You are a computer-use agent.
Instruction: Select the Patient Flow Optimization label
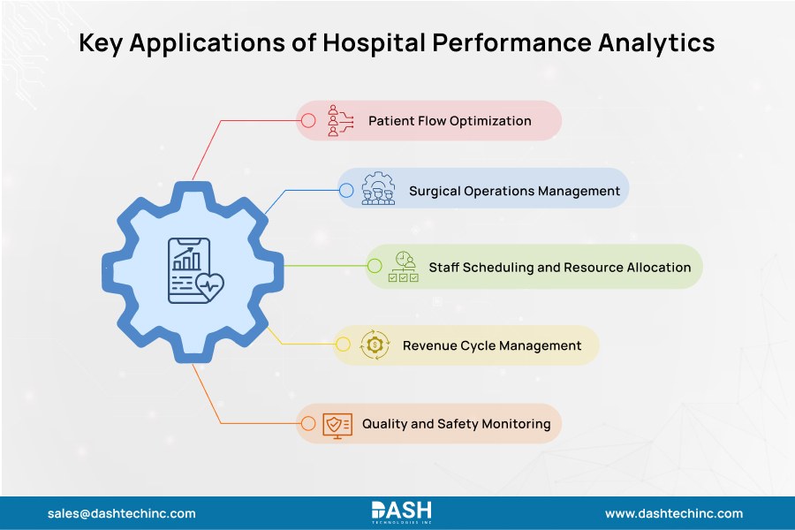point(450,120)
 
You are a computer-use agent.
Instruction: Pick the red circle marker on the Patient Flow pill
point(308,120)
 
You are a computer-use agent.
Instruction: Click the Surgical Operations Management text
point(514,190)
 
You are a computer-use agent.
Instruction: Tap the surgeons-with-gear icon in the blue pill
point(378,189)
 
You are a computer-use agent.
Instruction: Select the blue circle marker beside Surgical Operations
point(346,190)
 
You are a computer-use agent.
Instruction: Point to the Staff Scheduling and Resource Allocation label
point(559,266)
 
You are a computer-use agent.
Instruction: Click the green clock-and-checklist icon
point(405,266)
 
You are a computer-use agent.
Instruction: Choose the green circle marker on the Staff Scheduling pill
point(375,266)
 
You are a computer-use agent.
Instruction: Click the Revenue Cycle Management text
point(492,345)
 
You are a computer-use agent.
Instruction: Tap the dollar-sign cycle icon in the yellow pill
point(375,345)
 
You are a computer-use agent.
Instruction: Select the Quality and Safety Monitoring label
point(456,424)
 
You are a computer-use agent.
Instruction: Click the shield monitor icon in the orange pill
point(337,424)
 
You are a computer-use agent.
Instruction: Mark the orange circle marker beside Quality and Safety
point(308,424)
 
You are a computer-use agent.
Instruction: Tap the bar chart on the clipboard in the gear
point(186,259)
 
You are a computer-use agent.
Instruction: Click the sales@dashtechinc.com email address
point(122,513)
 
